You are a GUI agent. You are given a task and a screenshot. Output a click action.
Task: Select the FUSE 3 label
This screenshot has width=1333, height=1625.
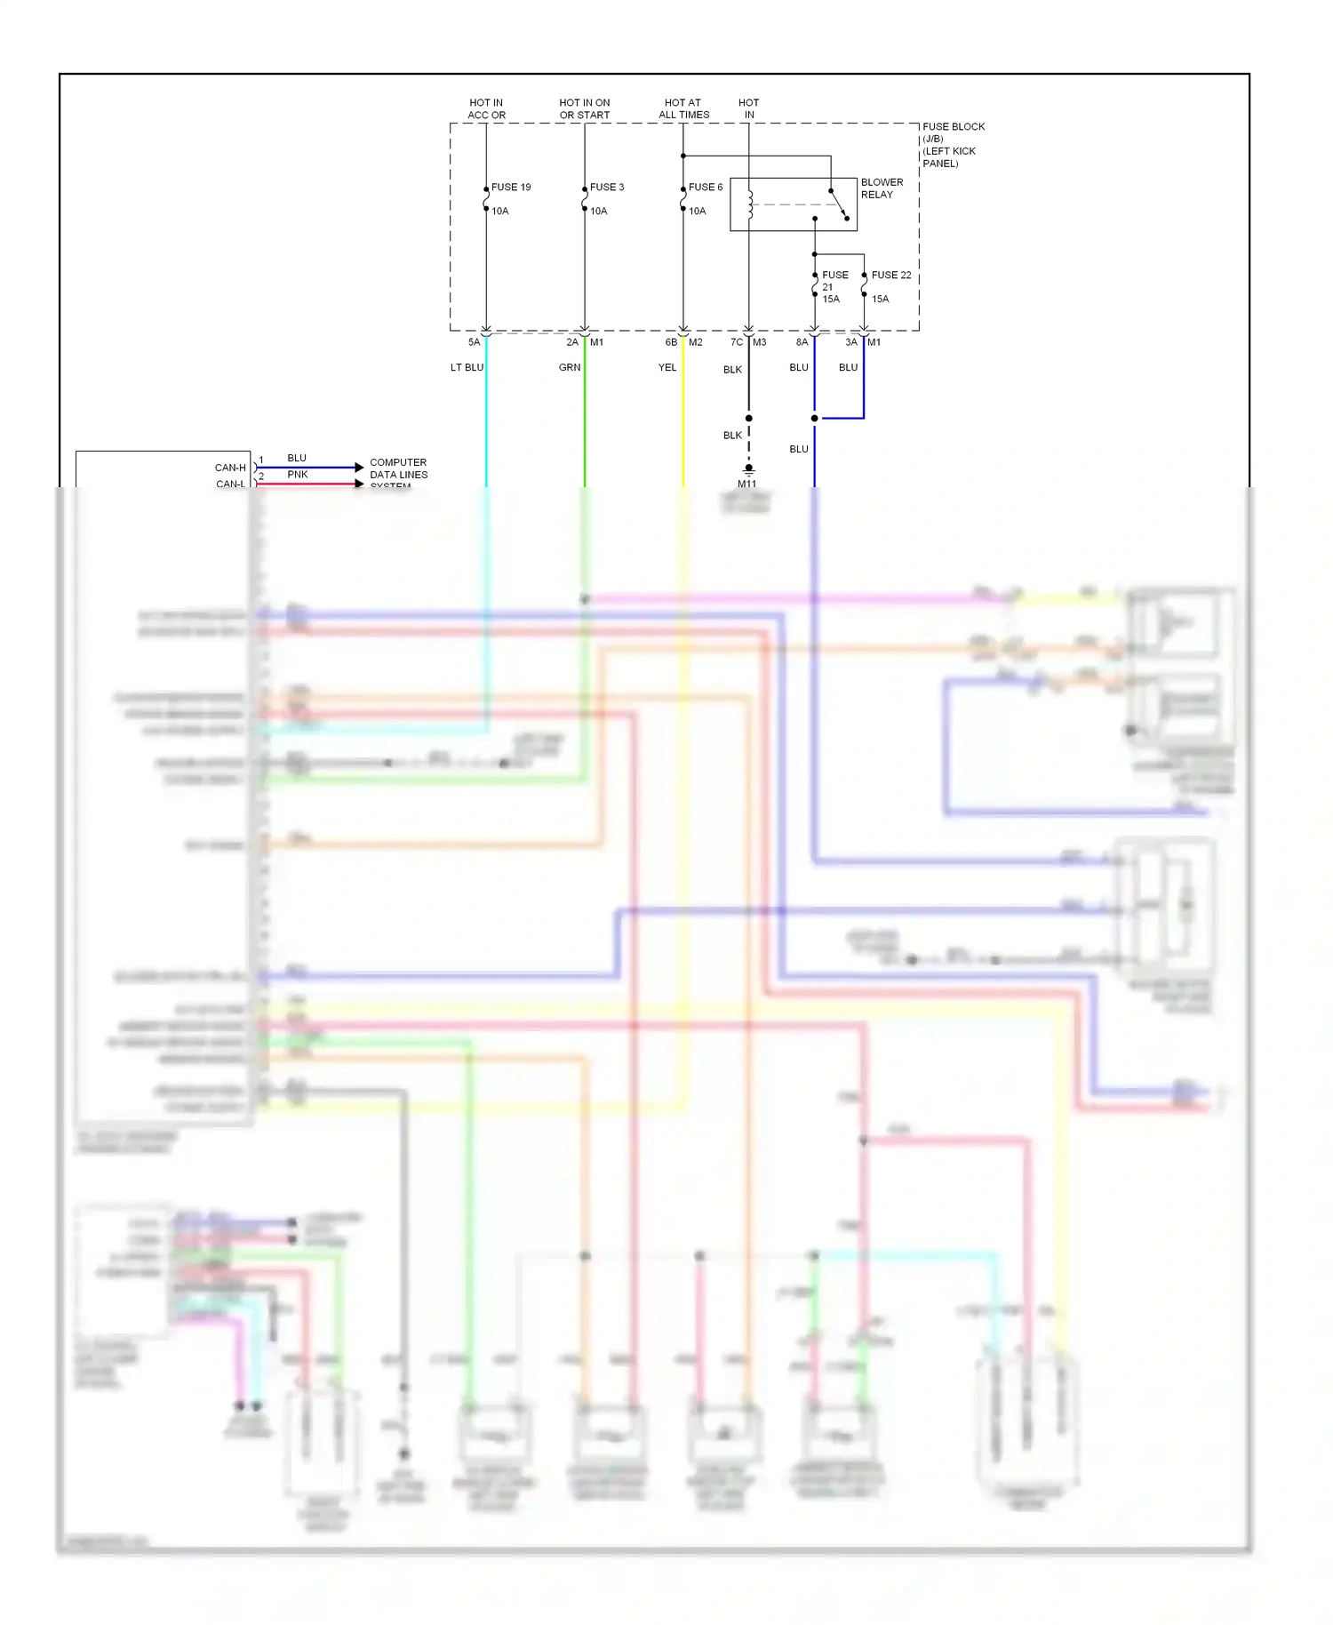click(x=607, y=188)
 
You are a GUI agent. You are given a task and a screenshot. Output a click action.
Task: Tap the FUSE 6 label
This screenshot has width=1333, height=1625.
click(x=706, y=188)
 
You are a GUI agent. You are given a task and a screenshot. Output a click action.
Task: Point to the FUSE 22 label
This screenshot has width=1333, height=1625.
click(x=890, y=276)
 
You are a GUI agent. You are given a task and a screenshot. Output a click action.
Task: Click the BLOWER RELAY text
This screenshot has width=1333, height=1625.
click(x=882, y=188)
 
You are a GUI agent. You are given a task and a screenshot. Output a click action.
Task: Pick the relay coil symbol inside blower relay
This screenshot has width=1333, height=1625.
click(x=750, y=204)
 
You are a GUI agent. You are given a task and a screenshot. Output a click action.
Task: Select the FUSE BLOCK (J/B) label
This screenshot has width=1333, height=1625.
click(x=953, y=132)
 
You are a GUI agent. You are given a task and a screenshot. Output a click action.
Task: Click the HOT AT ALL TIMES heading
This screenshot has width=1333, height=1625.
click(x=683, y=108)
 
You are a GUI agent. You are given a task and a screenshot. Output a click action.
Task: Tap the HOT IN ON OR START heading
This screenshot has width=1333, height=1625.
click(x=585, y=108)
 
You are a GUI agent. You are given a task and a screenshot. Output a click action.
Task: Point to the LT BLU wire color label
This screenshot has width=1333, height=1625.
click(x=467, y=367)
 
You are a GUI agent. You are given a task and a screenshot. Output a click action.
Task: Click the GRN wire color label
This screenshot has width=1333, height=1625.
click(x=570, y=367)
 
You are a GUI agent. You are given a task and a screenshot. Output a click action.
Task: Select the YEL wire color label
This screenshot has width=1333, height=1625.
click(x=667, y=367)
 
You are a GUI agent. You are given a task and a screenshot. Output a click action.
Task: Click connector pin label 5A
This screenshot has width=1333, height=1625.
click(x=474, y=342)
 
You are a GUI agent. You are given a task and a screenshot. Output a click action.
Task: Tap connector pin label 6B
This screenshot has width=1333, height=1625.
click(x=671, y=342)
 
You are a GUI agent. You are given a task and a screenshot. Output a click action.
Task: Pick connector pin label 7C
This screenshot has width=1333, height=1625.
click(x=736, y=342)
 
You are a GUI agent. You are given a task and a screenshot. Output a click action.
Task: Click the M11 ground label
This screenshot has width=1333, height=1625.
click(x=746, y=484)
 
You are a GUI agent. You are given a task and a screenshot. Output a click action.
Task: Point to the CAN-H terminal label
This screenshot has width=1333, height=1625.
click(x=230, y=468)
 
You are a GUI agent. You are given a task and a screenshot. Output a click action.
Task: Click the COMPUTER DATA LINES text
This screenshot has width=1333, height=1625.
click(x=398, y=468)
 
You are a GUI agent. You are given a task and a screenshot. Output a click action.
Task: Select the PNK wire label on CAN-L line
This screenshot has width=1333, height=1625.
click(x=298, y=475)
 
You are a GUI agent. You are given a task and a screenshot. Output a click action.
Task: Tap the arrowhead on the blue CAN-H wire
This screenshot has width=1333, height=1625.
click(x=359, y=468)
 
